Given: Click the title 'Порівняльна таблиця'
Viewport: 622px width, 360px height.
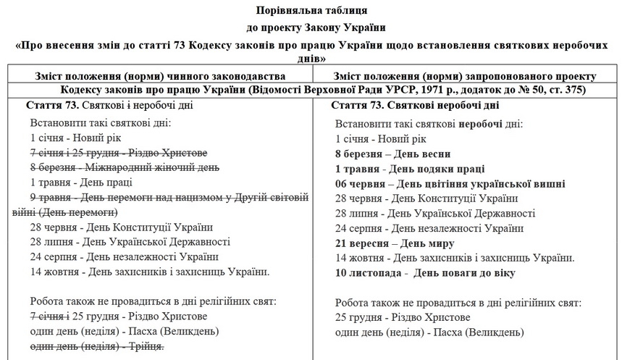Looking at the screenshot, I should point(311,11).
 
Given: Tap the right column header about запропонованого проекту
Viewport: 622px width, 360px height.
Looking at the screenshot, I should point(464,76).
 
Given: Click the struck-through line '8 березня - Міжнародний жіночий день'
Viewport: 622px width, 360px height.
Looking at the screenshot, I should point(125,167).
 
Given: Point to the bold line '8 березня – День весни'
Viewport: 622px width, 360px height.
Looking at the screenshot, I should point(393,154).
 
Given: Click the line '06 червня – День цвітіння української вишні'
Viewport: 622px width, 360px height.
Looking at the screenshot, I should point(450,183).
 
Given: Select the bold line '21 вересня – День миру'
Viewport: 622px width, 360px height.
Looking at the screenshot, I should point(395,243).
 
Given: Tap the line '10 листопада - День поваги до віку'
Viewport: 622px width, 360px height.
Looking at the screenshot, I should point(425,273).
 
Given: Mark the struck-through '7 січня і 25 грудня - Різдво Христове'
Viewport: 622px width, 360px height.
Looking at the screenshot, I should point(119,153).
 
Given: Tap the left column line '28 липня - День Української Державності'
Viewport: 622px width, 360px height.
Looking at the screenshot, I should point(130,242).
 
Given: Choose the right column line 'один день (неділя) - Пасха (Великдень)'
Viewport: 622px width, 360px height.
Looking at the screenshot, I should point(429,332).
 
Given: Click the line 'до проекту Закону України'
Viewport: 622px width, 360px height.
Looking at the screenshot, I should point(311,28).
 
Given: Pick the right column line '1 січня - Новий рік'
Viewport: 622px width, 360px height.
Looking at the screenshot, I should point(382,138).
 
